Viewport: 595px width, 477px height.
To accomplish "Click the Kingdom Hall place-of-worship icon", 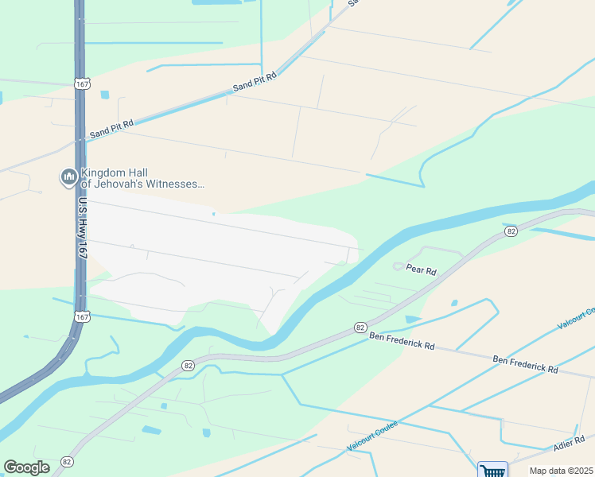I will point(68,176).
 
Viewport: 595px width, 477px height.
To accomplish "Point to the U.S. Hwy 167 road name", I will point(82,227).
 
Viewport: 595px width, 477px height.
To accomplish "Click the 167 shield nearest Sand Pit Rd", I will point(81,83).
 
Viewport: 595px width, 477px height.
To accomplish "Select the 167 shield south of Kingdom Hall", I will point(81,316).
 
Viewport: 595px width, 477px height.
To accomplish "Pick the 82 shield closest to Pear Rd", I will point(511,231).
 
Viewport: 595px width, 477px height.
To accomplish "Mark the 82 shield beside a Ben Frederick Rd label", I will point(360,328).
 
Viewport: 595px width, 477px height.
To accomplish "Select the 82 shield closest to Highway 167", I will point(188,365).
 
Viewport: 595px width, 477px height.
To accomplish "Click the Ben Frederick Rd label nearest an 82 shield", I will point(402,340).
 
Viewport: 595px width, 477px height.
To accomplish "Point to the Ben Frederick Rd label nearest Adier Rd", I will point(525,366).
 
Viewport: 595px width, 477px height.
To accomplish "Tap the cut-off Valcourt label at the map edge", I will point(575,318).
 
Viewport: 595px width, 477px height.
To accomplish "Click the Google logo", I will point(26,467).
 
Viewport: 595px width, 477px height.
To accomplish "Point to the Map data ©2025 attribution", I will point(561,471).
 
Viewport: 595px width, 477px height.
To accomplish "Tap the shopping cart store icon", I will point(492,470).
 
